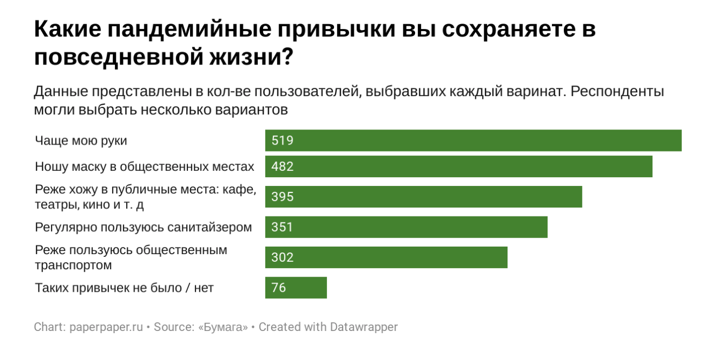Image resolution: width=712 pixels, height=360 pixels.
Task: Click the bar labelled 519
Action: coord(473,141)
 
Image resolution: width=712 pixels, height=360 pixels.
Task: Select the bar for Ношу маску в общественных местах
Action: coord(459,167)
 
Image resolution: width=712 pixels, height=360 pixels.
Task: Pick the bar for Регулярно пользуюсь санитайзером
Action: coord(406,227)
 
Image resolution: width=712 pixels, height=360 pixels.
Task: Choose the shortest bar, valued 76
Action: coord(295,287)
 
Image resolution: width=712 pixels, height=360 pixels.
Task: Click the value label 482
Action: coord(283,167)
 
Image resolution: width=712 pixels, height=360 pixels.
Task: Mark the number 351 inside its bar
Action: coord(282,227)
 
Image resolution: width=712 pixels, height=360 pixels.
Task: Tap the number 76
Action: coord(279,287)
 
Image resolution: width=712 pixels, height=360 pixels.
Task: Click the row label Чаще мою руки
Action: coord(81,141)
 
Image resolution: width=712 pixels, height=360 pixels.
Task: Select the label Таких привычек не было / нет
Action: coord(124,288)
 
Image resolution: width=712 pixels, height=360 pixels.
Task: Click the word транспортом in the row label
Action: coord(74,265)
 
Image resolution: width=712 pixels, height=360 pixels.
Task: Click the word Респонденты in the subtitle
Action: coord(617,91)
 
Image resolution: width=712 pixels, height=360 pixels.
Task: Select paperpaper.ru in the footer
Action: coord(106,327)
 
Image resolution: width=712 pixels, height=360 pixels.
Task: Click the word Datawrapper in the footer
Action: coord(364,327)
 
